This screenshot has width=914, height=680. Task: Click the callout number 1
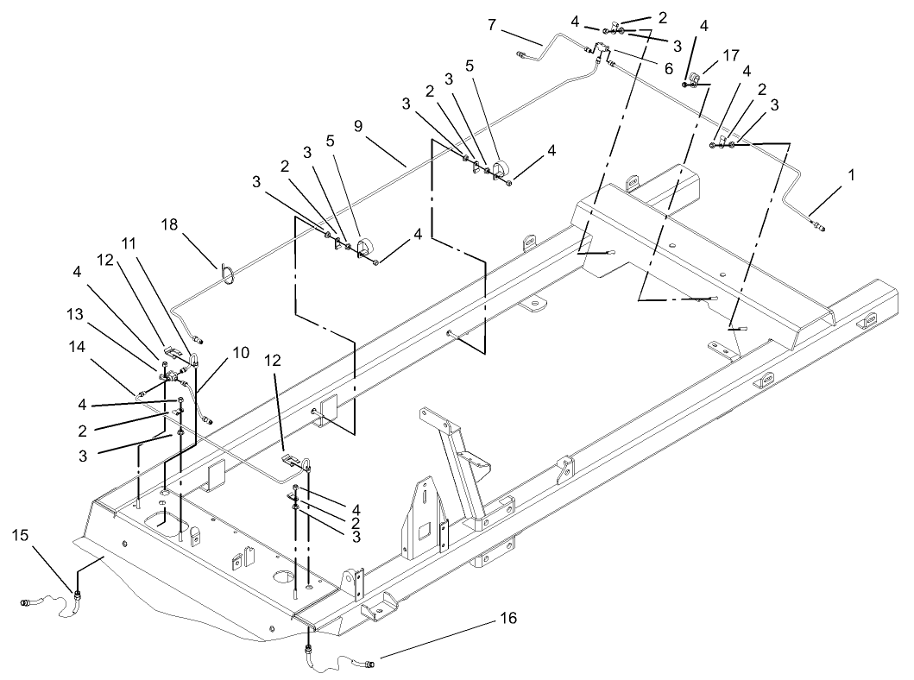coord(851,173)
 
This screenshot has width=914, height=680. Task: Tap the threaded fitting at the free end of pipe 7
coord(521,57)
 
